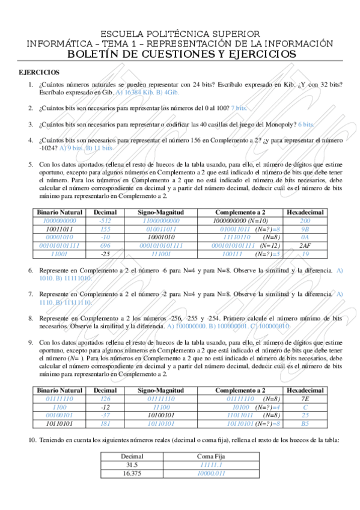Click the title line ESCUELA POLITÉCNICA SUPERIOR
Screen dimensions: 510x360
[180, 34]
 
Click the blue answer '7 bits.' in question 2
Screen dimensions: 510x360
[239, 108]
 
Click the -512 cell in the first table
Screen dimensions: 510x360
[106, 221]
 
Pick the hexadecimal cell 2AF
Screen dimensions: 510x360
[305, 246]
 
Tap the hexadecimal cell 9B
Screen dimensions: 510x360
[305, 229]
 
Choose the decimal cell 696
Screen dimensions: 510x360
[106, 246]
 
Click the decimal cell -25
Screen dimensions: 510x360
[106, 254]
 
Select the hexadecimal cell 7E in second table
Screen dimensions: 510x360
[305, 399]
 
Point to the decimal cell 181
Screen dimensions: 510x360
[106, 423]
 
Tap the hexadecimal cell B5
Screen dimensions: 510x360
[305, 423]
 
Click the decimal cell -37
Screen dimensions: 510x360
[106, 415]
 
